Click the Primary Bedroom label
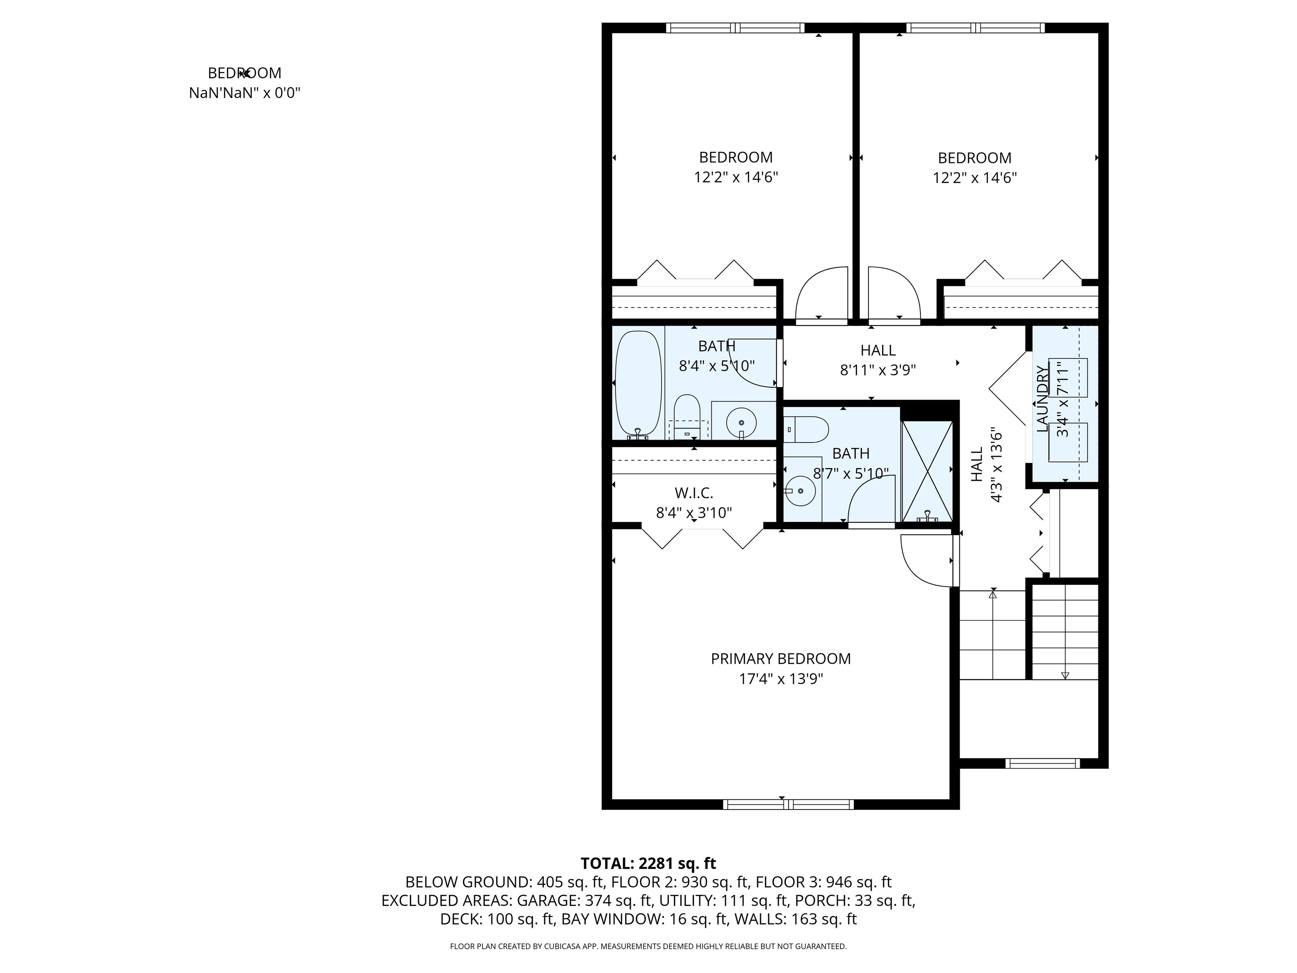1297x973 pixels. [x=780, y=659]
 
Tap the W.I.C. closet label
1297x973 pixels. [x=694, y=493]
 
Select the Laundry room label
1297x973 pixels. [x=1042, y=399]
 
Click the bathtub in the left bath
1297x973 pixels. [x=638, y=385]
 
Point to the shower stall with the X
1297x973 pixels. [x=926, y=471]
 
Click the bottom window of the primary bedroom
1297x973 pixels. [x=788, y=804]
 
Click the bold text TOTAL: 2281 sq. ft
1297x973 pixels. [x=648, y=863]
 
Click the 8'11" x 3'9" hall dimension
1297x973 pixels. [x=878, y=370]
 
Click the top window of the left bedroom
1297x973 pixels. [x=735, y=27]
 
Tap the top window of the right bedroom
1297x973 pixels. [x=975, y=27]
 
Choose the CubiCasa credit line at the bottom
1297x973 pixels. [x=648, y=946]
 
